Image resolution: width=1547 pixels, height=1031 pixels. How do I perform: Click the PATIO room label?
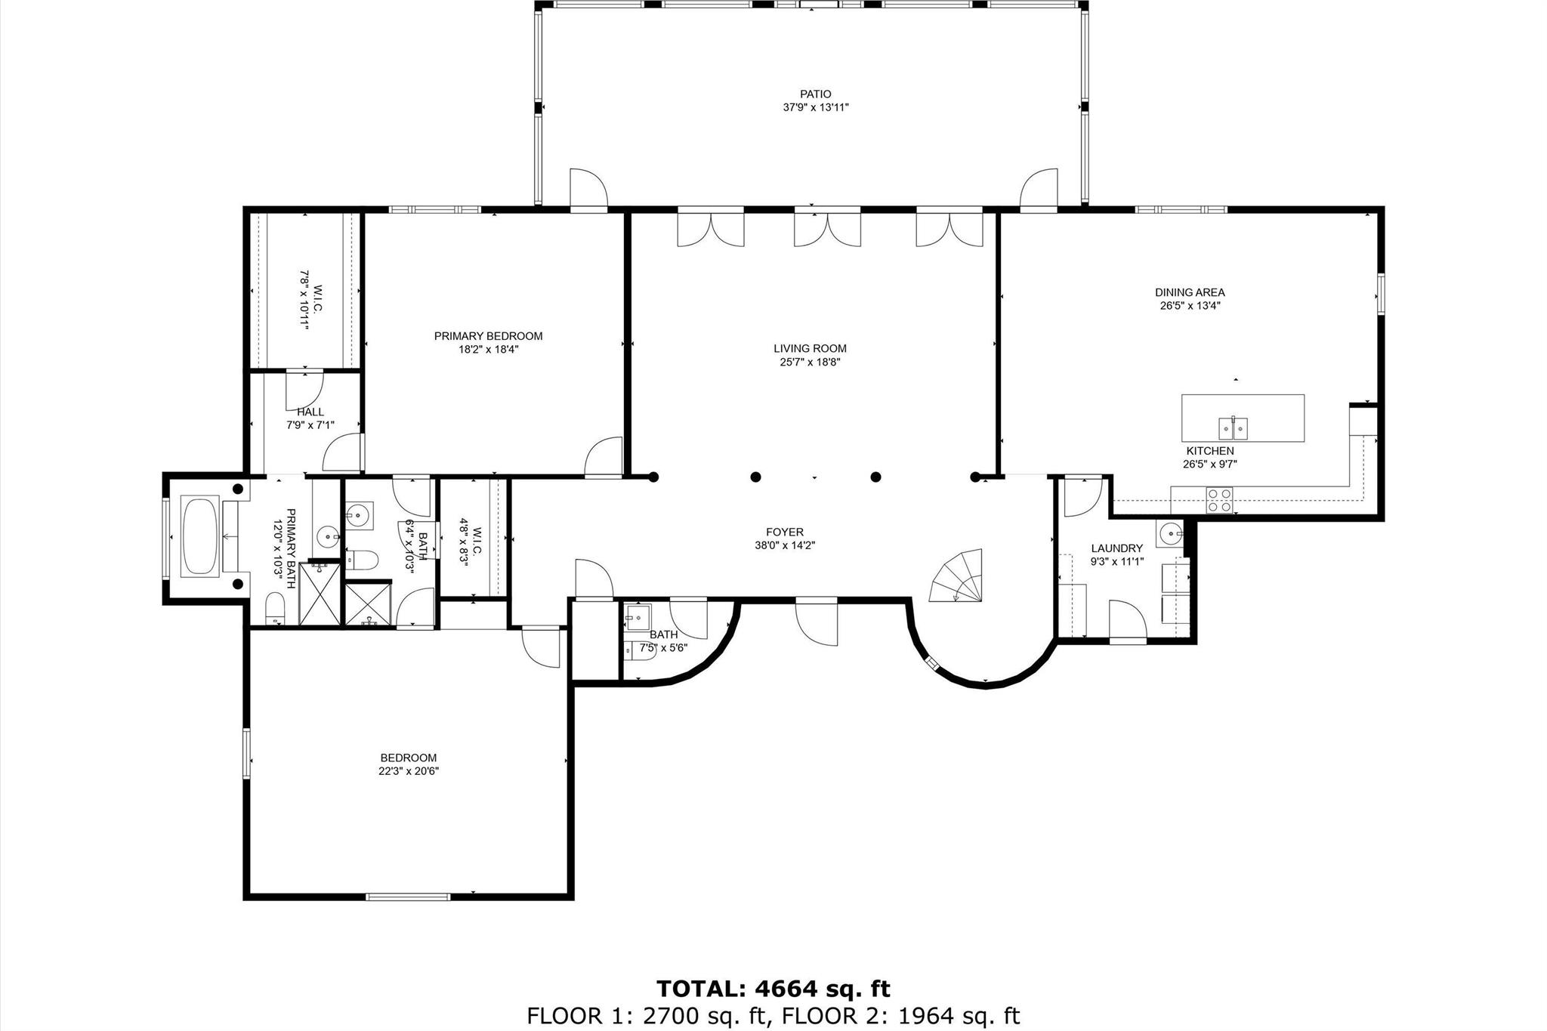point(816,94)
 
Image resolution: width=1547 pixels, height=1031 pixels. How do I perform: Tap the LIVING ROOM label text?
point(810,348)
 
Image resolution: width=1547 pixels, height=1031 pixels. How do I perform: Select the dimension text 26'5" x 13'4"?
point(1190,306)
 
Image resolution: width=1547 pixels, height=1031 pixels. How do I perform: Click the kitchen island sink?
point(1233,428)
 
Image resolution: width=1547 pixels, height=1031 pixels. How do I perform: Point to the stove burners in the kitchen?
point(1220,500)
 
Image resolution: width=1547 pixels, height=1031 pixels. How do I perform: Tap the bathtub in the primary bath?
point(201,536)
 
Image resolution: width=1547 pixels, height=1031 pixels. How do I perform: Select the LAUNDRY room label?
point(1116,548)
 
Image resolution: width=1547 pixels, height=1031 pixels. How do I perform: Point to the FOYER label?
point(784,532)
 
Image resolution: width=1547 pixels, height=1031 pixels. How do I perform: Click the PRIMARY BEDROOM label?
point(488,336)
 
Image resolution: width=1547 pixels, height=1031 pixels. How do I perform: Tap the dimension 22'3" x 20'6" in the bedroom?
point(409,771)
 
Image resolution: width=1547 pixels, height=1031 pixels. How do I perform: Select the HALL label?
point(310,412)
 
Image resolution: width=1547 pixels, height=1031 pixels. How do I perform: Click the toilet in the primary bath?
point(275,607)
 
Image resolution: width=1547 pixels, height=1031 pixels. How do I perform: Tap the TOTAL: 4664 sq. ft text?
point(773,989)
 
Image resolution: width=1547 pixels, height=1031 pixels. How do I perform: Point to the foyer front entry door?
point(817,621)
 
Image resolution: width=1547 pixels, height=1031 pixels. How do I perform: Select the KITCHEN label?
point(1209,451)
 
